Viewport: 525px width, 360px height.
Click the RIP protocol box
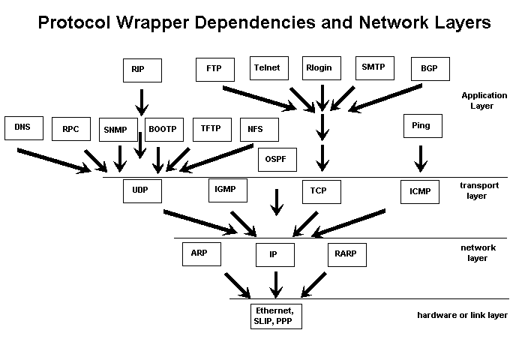pos(142,70)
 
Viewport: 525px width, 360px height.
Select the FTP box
pos(214,69)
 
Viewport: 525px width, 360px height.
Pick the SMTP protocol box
pos(373,67)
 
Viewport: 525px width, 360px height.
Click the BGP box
pos(430,70)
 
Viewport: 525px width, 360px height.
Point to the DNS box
pos(23,127)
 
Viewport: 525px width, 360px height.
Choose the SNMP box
pos(118,130)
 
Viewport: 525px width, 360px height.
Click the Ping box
pos(421,126)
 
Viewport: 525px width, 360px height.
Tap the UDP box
pos(142,190)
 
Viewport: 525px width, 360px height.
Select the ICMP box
pos(420,192)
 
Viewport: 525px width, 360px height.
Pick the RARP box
pos(346,254)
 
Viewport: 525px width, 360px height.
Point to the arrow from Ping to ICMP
pos(421,157)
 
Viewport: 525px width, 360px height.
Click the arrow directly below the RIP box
pos(141,101)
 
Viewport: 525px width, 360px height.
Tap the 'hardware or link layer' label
pos(463,316)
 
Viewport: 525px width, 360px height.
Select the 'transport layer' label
pos(473,190)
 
